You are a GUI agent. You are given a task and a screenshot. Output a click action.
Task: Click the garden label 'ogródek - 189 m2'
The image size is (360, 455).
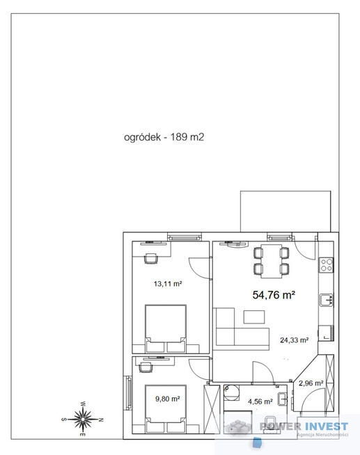click(x=164, y=138)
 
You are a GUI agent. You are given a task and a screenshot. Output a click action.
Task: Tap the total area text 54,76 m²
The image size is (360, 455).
click(x=274, y=295)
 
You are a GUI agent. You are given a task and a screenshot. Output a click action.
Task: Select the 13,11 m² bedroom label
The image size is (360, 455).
click(x=167, y=284)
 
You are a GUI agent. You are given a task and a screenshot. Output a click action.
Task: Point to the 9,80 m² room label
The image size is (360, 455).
click(x=167, y=399)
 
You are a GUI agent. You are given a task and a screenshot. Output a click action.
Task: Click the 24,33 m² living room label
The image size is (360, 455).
click(x=294, y=340)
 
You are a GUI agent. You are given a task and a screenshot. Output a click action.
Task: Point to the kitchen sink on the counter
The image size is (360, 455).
click(x=325, y=300)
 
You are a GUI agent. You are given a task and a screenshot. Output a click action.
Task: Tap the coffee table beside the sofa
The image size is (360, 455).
click(x=256, y=317)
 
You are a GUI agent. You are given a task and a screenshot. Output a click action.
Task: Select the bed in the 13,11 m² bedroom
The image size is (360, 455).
click(x=165, y=328)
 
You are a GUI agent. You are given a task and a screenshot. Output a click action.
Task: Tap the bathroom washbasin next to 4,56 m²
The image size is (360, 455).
click(x=282, y=399)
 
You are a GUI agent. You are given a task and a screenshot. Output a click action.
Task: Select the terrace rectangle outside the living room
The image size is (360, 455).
click(x=279, y=211)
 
